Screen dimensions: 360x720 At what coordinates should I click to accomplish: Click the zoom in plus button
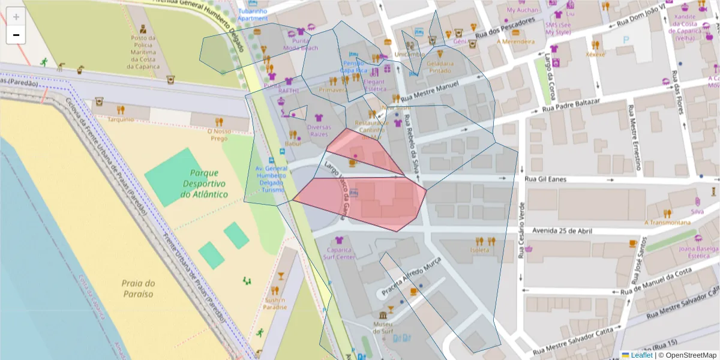16,17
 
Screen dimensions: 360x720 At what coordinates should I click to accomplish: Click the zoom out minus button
16,35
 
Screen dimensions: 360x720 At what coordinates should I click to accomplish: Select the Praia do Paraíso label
138,289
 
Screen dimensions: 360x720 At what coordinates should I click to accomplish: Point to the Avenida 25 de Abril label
558,230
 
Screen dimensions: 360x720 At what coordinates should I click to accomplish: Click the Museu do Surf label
383,327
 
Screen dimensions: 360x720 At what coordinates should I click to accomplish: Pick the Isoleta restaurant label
479,250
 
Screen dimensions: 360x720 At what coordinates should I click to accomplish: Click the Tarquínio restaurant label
121,119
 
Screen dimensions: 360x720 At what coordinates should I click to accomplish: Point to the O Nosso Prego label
219,134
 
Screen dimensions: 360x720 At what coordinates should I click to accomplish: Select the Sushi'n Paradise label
275,304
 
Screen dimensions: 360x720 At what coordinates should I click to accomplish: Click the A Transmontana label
667,223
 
